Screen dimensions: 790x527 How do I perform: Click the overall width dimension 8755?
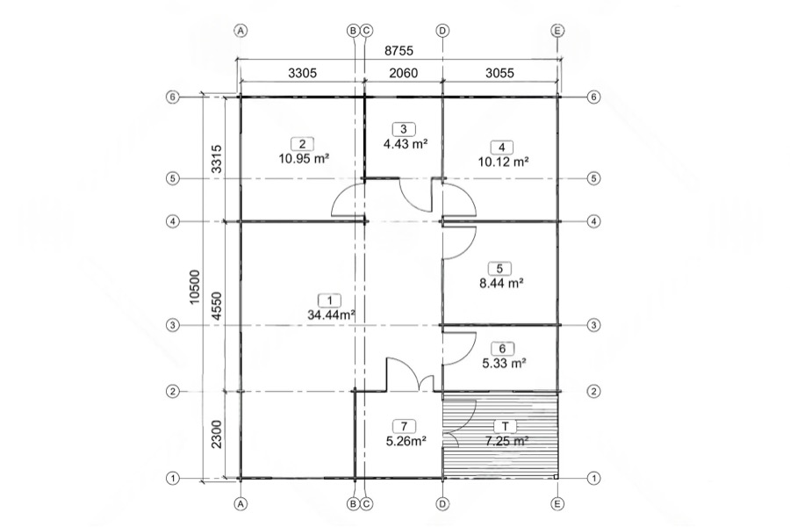point(399,50)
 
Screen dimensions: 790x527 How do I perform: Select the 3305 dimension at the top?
point(302,73)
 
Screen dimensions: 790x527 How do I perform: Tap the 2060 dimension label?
point(404,73)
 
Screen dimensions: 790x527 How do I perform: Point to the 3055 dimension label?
point(499,73)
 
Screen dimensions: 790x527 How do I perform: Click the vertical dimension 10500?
point(195,287)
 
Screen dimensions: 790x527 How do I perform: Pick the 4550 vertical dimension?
point(217,307)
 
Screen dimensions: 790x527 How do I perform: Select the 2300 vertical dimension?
point(217,434)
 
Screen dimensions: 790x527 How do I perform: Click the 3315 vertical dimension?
point(217,159)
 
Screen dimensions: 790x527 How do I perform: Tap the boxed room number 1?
point(330,301)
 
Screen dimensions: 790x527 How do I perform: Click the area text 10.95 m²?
point(304,158)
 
